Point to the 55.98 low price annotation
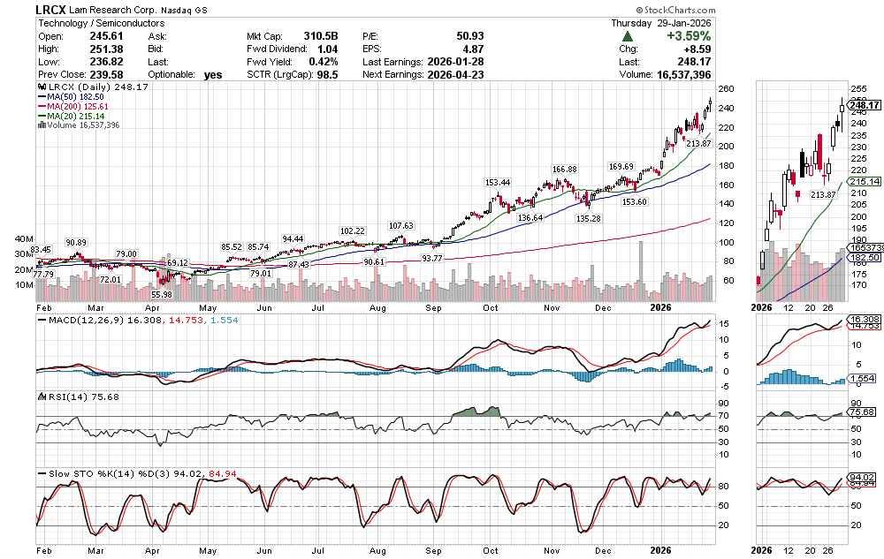pos(160,294)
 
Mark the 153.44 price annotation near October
pos(498,182)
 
